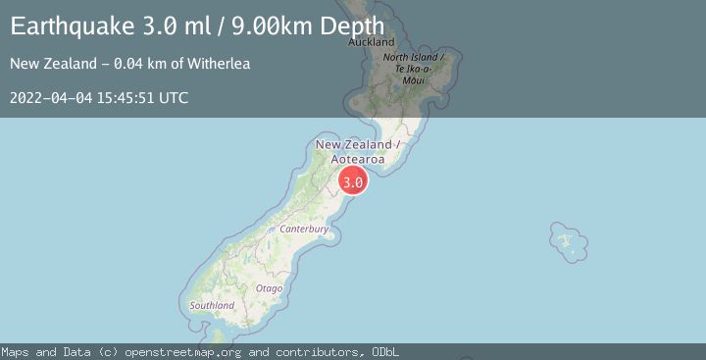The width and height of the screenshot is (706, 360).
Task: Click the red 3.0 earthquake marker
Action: click(x=353, y=181)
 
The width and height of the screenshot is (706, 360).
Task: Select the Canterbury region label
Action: click(x=303, y=229)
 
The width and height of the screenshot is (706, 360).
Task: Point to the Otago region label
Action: click(x=269, y=288)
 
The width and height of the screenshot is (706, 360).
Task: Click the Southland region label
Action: click(x=212, y=306)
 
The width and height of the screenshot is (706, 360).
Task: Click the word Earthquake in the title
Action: click(x=67, y=26)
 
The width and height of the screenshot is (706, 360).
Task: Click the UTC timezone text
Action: click(x=175, y=98)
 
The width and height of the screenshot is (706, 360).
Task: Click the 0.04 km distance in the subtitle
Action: click(x=131, y=65)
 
